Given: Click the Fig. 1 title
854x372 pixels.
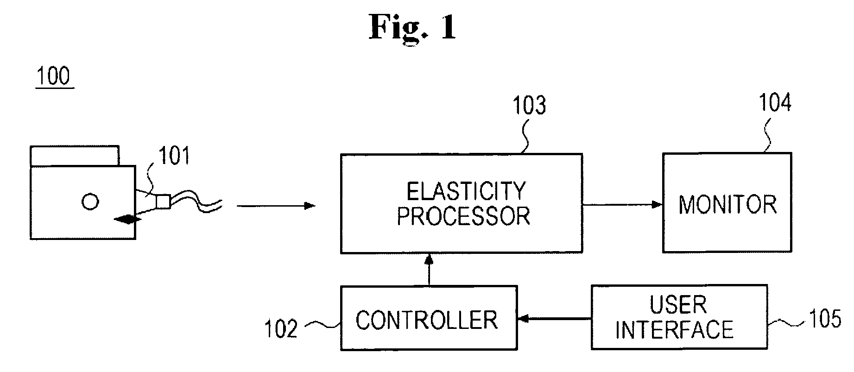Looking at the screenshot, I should (x=412, y=27).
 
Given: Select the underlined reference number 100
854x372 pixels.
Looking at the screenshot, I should (x=54, y=76).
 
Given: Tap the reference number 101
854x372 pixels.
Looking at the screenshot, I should (x=174, y=156).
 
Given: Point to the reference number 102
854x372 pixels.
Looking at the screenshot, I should (x=281, y=329).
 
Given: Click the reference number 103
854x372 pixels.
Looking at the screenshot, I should (x=529, y=106).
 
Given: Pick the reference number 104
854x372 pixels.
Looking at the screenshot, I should (x=775, y=102).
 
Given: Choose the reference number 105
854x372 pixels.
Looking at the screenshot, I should (x=825, y=319).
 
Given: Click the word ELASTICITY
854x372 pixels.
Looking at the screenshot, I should (x=466, y=191).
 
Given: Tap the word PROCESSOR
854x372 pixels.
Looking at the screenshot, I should (x=463, y=216).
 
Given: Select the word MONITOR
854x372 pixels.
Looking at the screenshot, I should (x=727, y=205).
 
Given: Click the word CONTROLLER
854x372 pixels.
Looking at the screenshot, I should (x=427, y=320).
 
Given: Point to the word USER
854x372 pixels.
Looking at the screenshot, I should (x=678, y=305).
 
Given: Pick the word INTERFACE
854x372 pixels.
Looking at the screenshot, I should (x=674, y=329).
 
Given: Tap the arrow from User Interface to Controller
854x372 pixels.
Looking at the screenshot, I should (x=554, y=319).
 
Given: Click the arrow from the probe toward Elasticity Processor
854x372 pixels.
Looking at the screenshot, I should (x=276, y=205).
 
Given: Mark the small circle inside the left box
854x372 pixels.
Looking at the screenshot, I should (x=90, y=202).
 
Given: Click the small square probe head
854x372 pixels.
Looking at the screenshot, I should (x=163, y=202).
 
